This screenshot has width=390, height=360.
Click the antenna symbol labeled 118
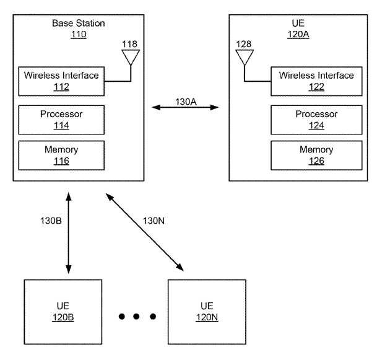pyautogui.click(x=130, y=58)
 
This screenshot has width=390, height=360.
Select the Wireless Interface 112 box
pyautogui.click(x=61, y=81)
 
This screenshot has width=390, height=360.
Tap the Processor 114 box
pyautogui.click(x=61, y=120)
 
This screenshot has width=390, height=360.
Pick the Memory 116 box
pyautogui.click(x=61, y=155)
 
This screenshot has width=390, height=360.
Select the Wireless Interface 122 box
pyautogui.click(x=316, y=81)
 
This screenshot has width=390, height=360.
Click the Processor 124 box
pyautogui.click(x=316, y=120)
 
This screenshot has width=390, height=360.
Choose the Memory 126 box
pyautogui.click(x=316, y=155)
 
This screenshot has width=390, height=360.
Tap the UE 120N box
pyautogui.click(x=206, y=312)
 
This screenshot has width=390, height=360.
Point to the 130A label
pyautogui.click(x=186, y=102)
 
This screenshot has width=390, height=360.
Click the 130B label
pyautogui.click(x=50, y=221)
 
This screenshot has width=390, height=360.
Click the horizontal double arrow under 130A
pyautogui.click(x=186, y=108)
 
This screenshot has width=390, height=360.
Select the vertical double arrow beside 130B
pyautogui.click(x=69, y=232)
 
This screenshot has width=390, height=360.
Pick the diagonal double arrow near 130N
pyautogui.click(x=145, y=232)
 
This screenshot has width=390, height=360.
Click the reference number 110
pyautogui.click(x=78, y=35)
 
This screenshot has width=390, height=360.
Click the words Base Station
pyautogui.click(x=78, y=24)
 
